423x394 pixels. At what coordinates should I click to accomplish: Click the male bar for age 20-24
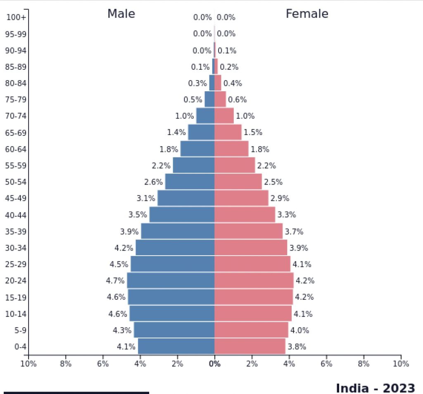coord(171,280)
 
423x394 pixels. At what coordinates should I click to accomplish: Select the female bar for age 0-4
coord(250,347)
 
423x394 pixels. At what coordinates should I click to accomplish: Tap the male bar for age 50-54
coord(190,182)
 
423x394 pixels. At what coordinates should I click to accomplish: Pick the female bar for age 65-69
coord(228,132)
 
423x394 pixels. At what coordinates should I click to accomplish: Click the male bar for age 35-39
coord(178,231)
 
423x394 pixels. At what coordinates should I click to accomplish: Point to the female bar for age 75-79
coord(220,99)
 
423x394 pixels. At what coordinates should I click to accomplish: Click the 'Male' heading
coord(121,14)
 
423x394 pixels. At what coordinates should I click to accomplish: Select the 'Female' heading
coord(307,14)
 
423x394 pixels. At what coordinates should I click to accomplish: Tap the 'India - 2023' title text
coord(375,388)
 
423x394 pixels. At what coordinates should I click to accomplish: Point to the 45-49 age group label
coord(16,198)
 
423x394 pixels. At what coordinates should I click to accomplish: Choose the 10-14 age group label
coord(16,314)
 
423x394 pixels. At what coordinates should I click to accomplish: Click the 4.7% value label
coord(115,281)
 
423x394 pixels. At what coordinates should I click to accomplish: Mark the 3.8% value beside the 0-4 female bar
coord(297,347)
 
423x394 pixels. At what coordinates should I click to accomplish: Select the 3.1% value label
coord(146,198)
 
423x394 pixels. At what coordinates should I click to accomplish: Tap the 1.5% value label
coord(253,133)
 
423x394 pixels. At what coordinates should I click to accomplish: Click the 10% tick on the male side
coord(29,364)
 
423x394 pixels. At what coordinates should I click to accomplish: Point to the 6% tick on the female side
coord(326,364)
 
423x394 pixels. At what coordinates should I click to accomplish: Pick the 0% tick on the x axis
coord(214,364)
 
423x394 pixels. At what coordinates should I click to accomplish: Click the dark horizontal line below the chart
coord(76,392)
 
